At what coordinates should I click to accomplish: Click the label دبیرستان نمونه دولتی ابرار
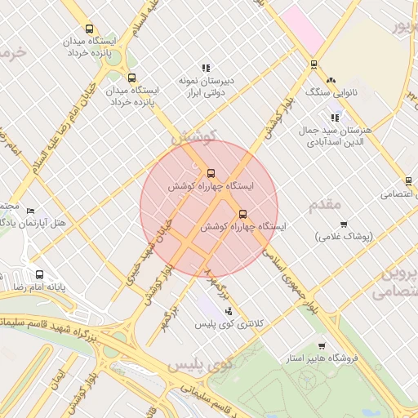click(207, 87)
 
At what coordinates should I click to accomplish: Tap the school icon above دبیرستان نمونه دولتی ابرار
click(206, 68)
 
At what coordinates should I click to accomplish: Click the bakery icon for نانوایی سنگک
click(331, 81)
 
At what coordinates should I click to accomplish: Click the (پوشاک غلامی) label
click(344, 237)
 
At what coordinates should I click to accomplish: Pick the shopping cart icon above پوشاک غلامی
click(344, 223)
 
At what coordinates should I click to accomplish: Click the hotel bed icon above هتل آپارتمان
click(31, 210)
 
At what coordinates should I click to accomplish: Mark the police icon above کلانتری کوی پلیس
click(229, 310)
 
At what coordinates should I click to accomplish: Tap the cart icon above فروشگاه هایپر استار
click(321, 345)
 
